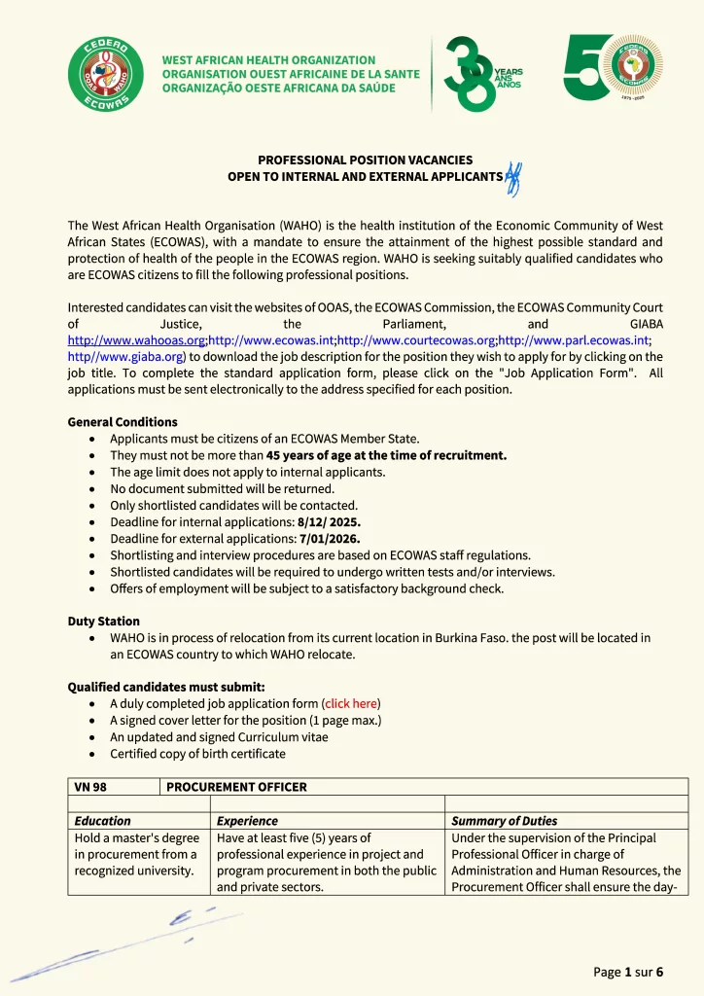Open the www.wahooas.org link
pyautogui.click(x=136, y=340)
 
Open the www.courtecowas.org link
pyautogui.click(x=415, y=340)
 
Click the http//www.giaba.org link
pyautogui.click(x=125, y=357)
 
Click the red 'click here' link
pyautogui.click(x=351, y=703)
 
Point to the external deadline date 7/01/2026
pyautogui.click(x=330, y=539)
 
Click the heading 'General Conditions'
pyautogui.click(x=123, y=422)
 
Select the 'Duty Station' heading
pyautogui.click(x=103, y=621)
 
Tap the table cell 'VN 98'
pyautogui.click(x=90, y=787)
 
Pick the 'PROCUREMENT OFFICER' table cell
pyautogui.click(x=236, y=787)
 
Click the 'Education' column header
pyautogui.click(x=102, y=821)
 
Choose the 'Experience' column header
pyautogui.click(x=247, y=821)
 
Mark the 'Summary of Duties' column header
pyautogui.click(x=505, y=821)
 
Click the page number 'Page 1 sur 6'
pyautogui.click(x=628, y=972)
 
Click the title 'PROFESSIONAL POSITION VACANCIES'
pyautogui.click(x=365, y=160)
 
